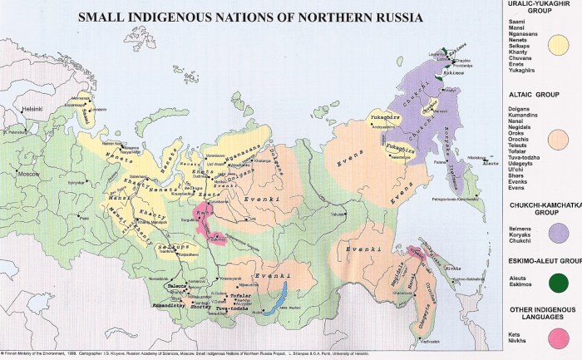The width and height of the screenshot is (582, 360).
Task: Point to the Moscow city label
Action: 29,174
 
